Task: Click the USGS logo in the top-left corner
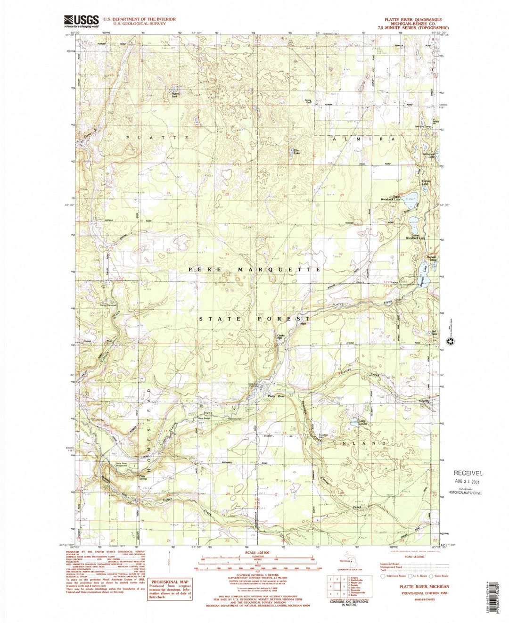pyautogui.click(x=81, y=21)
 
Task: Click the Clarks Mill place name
pyautogui.click(x=282, y=337)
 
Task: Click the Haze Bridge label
pyautogui.click(x=204, y=418)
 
